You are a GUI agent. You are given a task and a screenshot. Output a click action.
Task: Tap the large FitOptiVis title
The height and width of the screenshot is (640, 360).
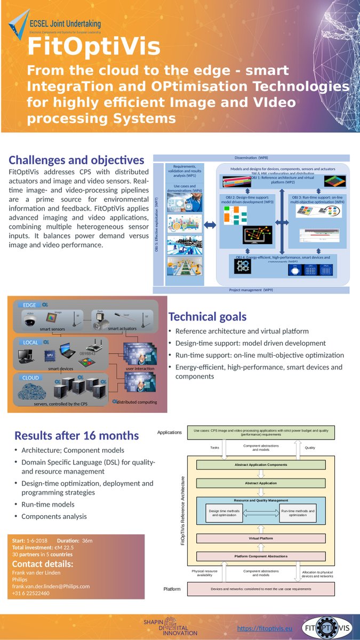pyautogui.click(x=94, y=47)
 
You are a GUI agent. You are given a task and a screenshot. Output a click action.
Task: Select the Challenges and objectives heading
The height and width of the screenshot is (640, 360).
pyautogui.click(x=76, y=160)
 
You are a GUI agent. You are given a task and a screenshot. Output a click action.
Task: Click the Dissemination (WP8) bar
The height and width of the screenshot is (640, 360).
pyautogui.click(x=251, y=158)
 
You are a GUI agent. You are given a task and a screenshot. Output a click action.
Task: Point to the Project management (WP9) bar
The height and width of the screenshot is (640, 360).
pyautogui.click(x=251, y=290)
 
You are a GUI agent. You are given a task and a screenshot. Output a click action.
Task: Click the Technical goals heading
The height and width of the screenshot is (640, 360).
pyautogui.click(x=207, y=317)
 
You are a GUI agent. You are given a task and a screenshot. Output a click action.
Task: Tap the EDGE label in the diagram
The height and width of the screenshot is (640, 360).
pyautogui.click(x=29, y=305)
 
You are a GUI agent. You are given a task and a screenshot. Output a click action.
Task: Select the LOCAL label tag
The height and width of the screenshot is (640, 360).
pyautogui.click(x=30, y=342)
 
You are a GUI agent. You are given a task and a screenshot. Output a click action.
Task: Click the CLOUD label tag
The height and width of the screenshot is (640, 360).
pyautogui.click(x=30, y=378)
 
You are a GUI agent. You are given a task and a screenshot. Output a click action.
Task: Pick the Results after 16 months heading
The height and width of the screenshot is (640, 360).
pyautogui.click(x=76, y=436)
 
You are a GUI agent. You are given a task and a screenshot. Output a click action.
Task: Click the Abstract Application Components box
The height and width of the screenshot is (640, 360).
pyautogui.click(x=261, y=465)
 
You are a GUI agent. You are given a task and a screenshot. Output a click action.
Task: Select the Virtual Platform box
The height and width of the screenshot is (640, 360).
pyautogui.click(x=261, y=538)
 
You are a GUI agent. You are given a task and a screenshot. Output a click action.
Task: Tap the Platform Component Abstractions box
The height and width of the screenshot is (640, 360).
pyautogui.click(x=261, y=556)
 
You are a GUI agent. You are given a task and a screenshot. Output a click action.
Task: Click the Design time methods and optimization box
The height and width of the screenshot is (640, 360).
pyautogui.click(x=224, y=513)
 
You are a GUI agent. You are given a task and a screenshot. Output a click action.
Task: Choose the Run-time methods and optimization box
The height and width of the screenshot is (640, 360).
pyautogui.click(x=298, y=513)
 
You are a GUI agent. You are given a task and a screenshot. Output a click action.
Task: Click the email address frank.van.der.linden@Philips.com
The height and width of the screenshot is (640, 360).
pyautogui.click(x=51, y=586)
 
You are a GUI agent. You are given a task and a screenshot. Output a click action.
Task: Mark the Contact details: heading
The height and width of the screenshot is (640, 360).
pyautogui.click(x=43, y=564)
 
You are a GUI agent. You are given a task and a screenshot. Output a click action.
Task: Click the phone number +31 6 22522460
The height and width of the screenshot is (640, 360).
pyautogui.click(x=31, y=593)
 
